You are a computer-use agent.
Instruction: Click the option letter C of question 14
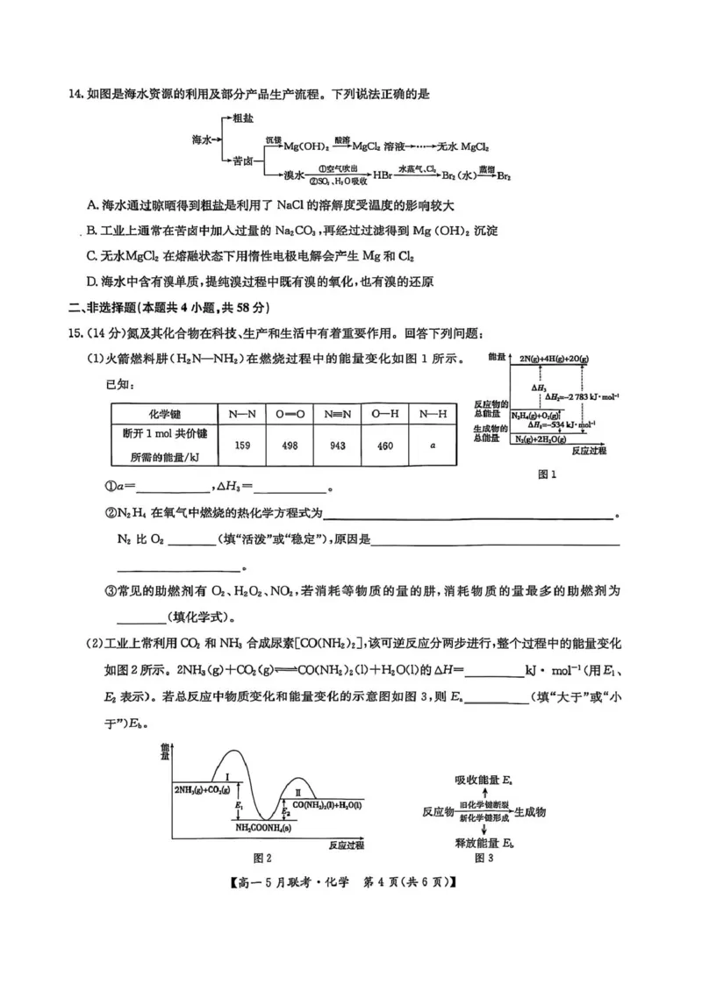(92, 256)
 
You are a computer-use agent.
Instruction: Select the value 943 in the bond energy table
(337, 446)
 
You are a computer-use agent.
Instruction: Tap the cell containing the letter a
(433, 446)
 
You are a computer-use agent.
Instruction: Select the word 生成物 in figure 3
(529, 813)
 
